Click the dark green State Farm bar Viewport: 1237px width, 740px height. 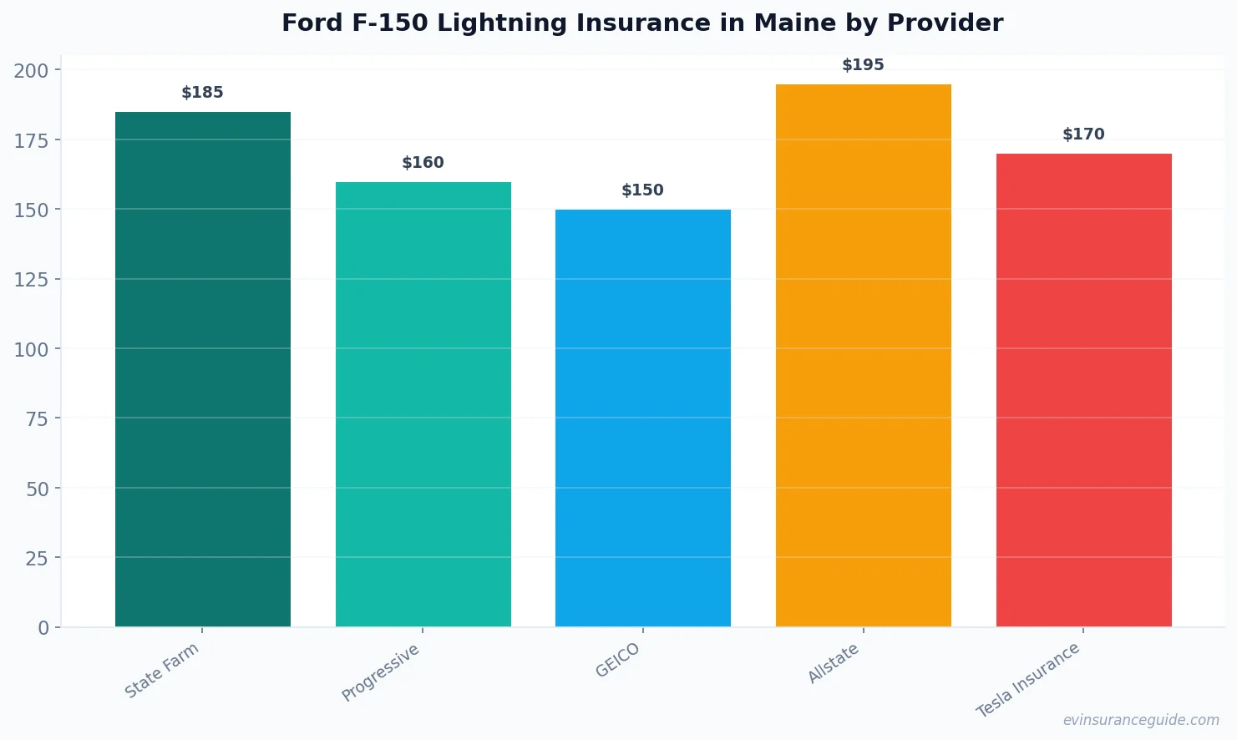click(203, 369)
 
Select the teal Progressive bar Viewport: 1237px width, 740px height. click(423, 404)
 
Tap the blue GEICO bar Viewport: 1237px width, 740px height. click(642, 418)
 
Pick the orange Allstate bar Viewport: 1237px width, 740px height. click(863, 355)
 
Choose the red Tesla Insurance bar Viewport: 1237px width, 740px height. click(1083, 390)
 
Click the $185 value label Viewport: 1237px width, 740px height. click(203, 93)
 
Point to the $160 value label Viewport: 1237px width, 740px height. click(423, 163)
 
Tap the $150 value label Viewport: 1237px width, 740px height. click(642, 190)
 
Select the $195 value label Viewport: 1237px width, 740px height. click(863, 65)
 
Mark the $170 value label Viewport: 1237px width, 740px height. click(1083, 134)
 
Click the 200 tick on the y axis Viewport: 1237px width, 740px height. click(31, 71)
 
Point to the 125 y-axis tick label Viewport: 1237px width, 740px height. click(31, 280)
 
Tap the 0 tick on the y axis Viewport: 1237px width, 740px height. click(43, 628)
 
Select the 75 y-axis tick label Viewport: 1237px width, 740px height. click(37, 419)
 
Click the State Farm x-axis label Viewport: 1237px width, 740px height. click(162, 670)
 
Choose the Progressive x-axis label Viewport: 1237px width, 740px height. click(381, 672)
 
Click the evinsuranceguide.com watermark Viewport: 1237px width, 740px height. click(1141, 720)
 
